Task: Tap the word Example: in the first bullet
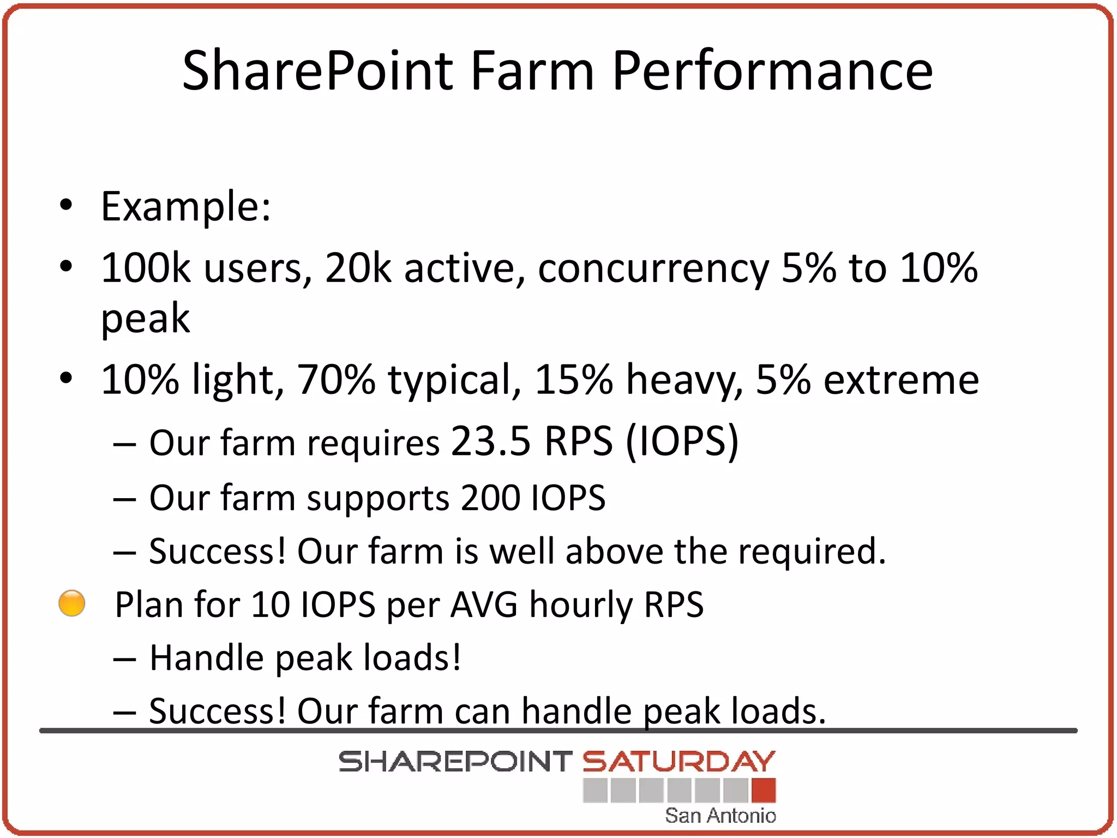point(185,207)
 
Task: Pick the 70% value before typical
point(336,380)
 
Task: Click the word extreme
point(901,381)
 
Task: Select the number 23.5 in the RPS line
point(490,441)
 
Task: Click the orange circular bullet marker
point(72,603)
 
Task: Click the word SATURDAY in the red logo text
point(678,762)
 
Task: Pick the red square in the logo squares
point(763,790)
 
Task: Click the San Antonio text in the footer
point(720,816)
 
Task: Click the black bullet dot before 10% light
point(66,378)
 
